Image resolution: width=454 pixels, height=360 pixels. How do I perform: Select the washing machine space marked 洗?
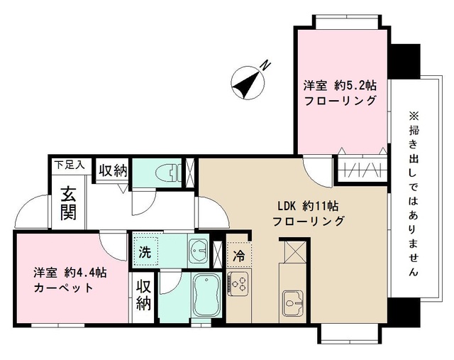point(145,251)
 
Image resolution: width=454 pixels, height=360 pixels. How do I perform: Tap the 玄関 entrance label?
point(68,202)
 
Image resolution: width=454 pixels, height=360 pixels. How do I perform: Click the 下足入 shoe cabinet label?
point(70,165)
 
